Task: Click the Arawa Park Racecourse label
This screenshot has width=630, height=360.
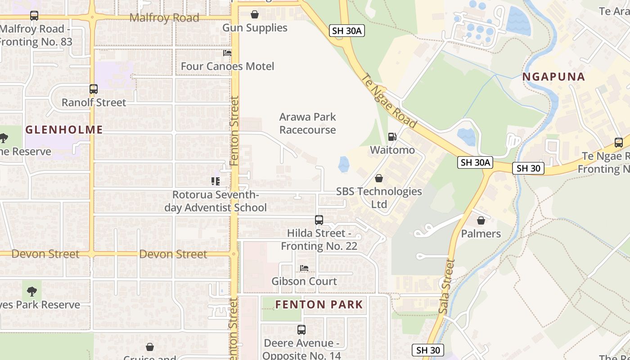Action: (307, 123)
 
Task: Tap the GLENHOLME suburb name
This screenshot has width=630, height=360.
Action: (64, 130)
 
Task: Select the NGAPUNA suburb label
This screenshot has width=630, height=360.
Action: (553, 77)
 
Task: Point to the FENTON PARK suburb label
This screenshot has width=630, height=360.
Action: (319, 305)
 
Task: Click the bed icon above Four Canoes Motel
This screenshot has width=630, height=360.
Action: (227, 53)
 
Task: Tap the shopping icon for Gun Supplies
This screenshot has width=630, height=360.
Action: (255, 14)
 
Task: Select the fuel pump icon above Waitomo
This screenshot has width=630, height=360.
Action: (392, 136)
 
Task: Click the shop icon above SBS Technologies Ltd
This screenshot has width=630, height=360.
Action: (379, 178)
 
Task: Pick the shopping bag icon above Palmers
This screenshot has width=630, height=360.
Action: (481, 220)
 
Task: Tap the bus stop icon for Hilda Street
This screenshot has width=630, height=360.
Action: (319, 220)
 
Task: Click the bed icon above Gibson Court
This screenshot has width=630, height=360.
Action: (304, 268)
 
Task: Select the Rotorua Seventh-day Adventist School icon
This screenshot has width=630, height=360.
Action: (216, 181)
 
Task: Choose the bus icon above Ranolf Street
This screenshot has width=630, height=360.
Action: (94, 89)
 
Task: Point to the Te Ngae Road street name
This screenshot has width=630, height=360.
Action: (389, 101)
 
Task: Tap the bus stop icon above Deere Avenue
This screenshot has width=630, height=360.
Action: (301, 330)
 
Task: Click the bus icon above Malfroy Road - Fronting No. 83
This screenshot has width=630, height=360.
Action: (34, 16)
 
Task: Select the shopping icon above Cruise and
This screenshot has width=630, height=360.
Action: (150, 347)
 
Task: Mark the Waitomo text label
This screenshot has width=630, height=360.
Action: (392, 150)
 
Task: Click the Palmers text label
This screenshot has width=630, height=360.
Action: (481, 234)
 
